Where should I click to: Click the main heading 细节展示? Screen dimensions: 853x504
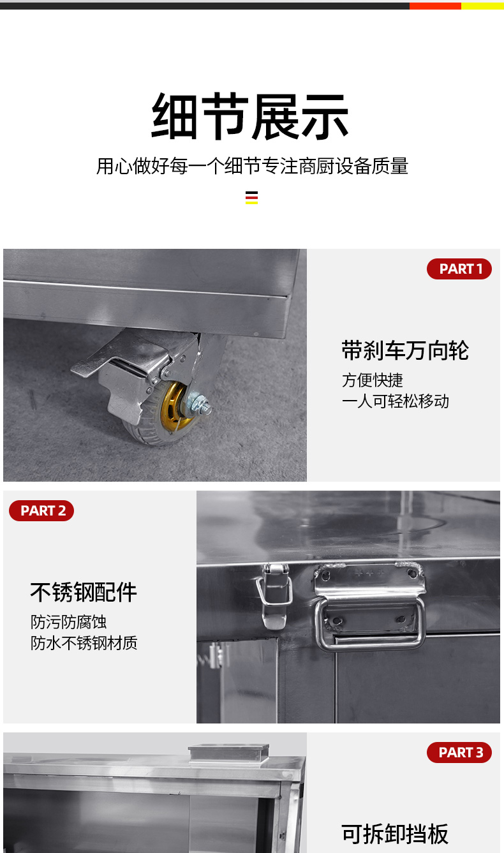click(x=250, y=117)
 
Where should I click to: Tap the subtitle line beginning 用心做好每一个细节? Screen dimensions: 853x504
click(x=252, y=167)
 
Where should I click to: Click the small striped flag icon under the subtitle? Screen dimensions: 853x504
click(x=251, y=197)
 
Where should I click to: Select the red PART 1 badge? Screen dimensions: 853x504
click(x=459, y=269)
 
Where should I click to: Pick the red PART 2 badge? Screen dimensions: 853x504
click(x=42, y=510)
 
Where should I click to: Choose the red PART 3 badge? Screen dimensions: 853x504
click(x=459, y=752)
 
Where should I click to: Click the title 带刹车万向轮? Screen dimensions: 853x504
click(x=405, y=350)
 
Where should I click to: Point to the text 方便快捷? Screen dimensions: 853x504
click(x=373, y=380)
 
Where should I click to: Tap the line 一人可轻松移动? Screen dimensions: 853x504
click(x=396, y=401)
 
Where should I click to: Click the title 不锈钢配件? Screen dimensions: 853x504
click(x=84, y=592)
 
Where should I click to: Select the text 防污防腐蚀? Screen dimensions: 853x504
click(x=68, y=622)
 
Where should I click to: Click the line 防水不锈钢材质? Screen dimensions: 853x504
click(x=84, y=642)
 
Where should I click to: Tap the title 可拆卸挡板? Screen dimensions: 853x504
click(x=395, y=834)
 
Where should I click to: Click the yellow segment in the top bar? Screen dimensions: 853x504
click(x=482, y=6)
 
